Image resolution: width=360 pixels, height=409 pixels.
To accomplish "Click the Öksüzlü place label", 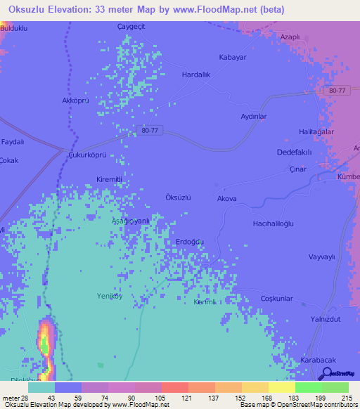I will pyautogui.click(x=178, y=197).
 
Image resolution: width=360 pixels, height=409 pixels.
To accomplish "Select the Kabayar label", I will pyautogui.click(x=233, y=57).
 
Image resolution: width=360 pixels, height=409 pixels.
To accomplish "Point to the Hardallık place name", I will pyautogui.click(x=196, y=74).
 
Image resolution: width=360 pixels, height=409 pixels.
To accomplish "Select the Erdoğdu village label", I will pyautogui.click(x=189, y=242).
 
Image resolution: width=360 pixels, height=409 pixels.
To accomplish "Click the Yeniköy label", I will pyautogui.click(x=109, y=297).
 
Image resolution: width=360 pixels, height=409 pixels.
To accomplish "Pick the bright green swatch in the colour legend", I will pyautogui.click(x=308, y=387).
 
